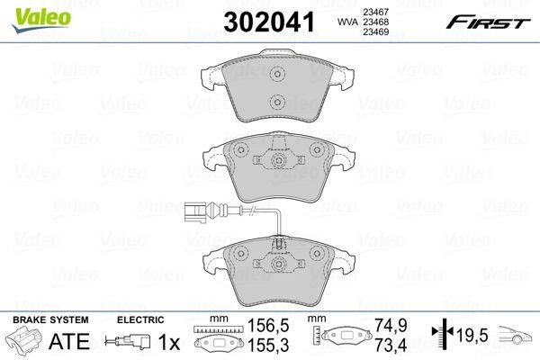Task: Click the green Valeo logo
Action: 41,19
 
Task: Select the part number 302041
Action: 269,22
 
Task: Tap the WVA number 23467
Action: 375,12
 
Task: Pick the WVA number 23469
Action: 375,32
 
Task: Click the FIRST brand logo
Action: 488,23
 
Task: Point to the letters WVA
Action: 347,22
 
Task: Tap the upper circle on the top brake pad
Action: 277,74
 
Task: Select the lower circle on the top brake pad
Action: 277,102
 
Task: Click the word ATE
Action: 69,341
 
